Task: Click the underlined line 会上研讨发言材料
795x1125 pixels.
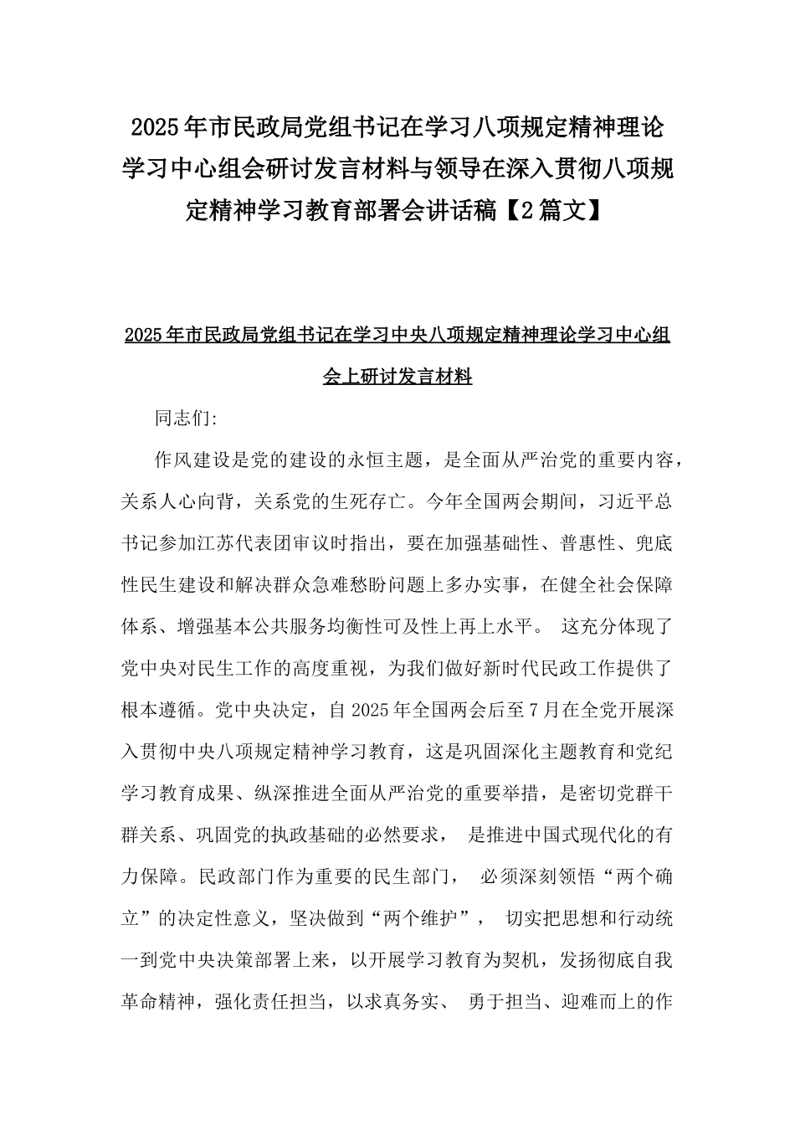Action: (397, 377)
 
